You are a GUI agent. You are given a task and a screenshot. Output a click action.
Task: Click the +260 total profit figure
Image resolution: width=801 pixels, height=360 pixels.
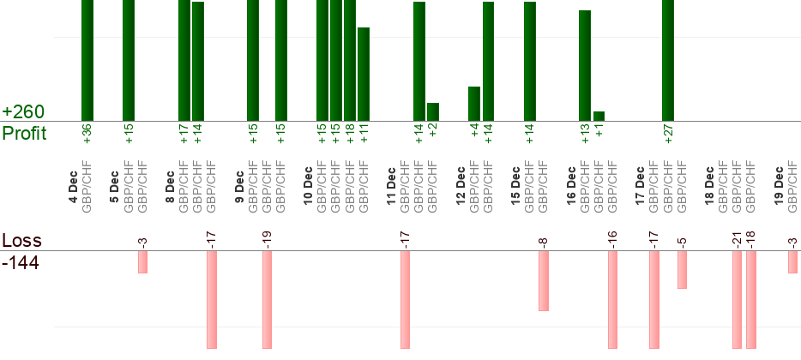pyautogui.click(x=23, y=112)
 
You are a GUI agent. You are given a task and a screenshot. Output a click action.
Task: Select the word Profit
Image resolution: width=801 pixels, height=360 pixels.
pyautogui.click(x=25, y=134)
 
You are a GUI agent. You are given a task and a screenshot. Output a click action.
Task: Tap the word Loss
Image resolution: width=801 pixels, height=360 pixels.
pyautogui.click(x=21, y=240)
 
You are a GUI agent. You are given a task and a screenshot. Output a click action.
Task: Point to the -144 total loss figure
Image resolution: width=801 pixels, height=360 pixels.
pyautogui.click(x=21, y=261)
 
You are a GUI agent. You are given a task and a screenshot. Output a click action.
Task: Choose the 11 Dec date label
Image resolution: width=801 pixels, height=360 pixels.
pyautogui.click(x=391, y=187)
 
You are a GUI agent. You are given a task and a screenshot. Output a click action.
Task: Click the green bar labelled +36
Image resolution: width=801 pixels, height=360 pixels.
pyautogui.click(x=87, y=60)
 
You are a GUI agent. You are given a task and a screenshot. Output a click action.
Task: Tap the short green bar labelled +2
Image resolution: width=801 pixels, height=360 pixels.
pyautogui.click(x=433, y=111)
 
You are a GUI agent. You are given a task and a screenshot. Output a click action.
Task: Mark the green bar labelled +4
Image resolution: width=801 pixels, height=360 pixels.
pyautogui.click(x=474, y=104)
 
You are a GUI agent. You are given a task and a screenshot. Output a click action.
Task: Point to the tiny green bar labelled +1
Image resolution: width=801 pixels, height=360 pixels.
pyautogui.click(x=599, y=116)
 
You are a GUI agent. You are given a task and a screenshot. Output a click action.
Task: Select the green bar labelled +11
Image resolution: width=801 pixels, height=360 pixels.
pyautogui.click(x=364, y=74)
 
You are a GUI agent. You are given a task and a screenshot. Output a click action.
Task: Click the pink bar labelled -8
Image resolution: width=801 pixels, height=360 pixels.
pyautogui.click(x=544, y=280)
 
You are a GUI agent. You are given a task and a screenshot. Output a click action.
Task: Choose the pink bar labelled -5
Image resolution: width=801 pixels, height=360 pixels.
pyautogui.click(x=682, y=269)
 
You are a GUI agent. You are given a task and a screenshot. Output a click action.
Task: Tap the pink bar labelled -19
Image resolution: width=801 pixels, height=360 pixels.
pyautogui.click(x=267, y=299)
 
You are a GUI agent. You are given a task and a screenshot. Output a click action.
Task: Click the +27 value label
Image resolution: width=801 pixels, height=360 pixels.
pyautogui.click(x=668, y=135)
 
